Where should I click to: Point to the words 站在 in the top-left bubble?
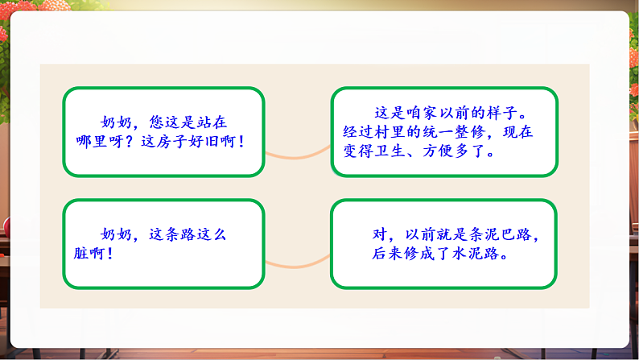pyautogui.click(x=212, y=122)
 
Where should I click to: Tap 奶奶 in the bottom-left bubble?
pyautogui.click(x=116, y=234)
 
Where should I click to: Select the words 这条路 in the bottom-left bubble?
pyautogui.click(x=172, y=234)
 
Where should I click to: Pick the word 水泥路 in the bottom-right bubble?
pyautogui.click(x=489, y=253)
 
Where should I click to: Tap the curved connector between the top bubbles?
pyautogui.click(x=297, y=154)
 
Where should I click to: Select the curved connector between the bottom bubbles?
pyautogui.click(x=297, y=262)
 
